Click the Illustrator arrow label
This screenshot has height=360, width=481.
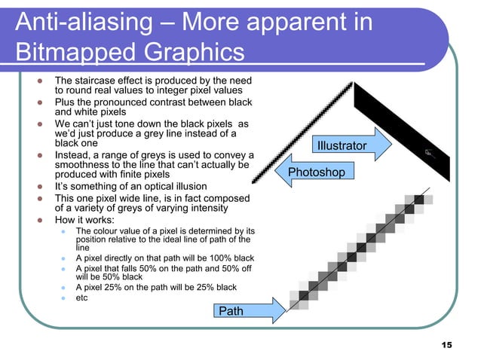342,145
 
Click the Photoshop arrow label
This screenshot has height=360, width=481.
316,172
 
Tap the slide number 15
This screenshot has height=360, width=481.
446,344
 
